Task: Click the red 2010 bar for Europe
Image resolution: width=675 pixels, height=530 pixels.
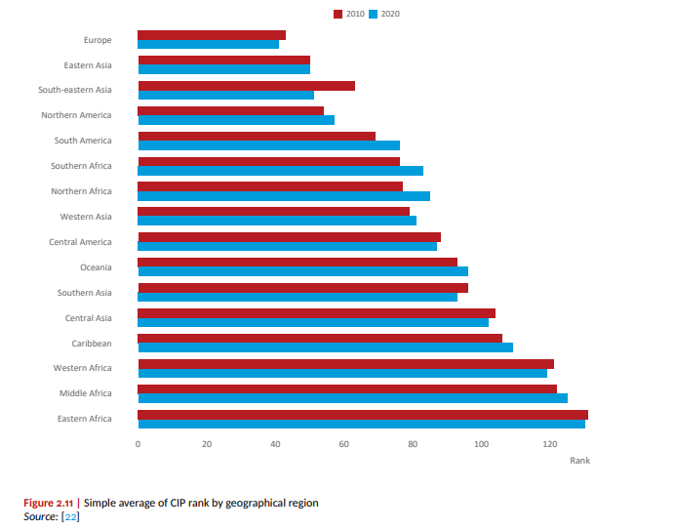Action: coord(212,35)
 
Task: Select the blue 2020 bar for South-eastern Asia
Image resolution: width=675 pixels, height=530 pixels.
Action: coord(225,96)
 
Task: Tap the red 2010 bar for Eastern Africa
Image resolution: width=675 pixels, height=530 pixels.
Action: coord(363,414)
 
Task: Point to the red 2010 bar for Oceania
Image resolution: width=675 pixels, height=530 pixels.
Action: coord(298,262)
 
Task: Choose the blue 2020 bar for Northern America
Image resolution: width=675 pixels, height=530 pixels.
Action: coord(236,120)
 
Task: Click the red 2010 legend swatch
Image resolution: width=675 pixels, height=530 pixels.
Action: coord(338,14)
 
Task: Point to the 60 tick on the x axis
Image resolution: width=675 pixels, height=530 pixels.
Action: coord(344,444)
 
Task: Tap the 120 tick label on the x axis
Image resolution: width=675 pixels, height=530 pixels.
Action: coord(550,444)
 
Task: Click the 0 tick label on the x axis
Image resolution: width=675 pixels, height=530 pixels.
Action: coord(138,444)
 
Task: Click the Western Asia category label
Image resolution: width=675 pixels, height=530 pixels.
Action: coord(86,217)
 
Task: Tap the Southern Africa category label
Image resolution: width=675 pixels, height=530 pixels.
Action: coord(83,166)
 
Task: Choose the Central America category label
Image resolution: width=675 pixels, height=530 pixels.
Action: coord(80,242)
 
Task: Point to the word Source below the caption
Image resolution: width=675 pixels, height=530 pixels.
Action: coord(39,515)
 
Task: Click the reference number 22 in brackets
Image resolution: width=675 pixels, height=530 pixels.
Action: coord(70,515)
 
